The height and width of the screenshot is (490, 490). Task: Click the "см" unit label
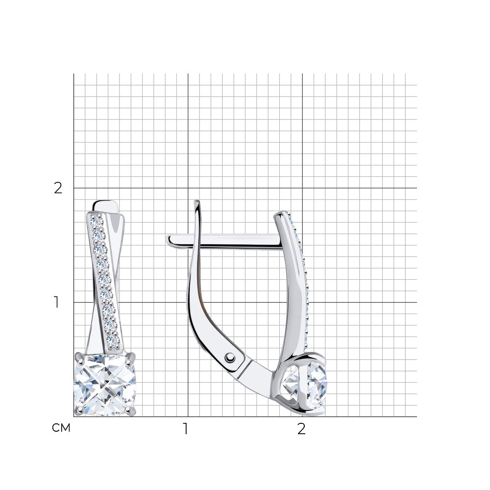[x=61, y=428]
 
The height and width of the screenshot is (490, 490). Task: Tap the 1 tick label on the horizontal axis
[x=186, y=429]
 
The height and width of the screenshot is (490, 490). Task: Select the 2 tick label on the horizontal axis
[x=301, y=429]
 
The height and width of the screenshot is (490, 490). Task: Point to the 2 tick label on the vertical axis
[x=58, y=188]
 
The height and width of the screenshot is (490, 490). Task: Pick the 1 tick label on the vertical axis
[x=56, y=302]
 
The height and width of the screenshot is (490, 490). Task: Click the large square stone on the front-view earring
[x=105, y=385]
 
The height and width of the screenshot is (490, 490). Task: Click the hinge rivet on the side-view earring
[x=230, y=357]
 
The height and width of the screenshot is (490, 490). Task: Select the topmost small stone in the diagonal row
[x=97, y=222]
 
